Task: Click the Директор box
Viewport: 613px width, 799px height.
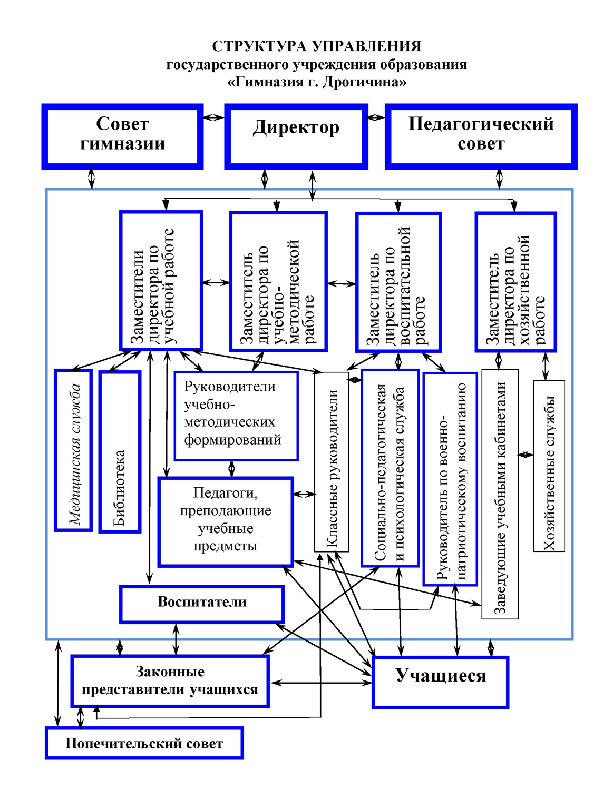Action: [x=296, y=136]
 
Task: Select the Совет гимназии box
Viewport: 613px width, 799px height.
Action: [x=122, y=136]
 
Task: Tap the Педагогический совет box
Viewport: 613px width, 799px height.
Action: [x=481, y=136]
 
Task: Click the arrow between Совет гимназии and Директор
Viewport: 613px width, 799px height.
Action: [x=214, y=117]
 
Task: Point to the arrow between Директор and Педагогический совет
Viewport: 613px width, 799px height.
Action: [x=375, y=117]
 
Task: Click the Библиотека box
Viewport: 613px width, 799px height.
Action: [x=120, y=451]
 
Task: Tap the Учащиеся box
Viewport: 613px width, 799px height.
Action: [x=441, y=683]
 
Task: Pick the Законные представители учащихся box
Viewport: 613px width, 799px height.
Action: [x=170, y=682]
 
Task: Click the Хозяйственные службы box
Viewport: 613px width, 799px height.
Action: [x=549, y=466]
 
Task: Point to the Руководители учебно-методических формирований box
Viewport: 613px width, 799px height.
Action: [x=236, y=416]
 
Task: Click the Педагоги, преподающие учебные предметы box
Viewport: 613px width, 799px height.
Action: [x=226, y=522]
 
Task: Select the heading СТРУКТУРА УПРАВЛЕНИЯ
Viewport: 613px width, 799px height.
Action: [x=317, y=46]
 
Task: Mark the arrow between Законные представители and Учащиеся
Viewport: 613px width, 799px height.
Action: [x=321, y=683]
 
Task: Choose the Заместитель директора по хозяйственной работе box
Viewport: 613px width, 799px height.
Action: [x=515, y=282]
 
